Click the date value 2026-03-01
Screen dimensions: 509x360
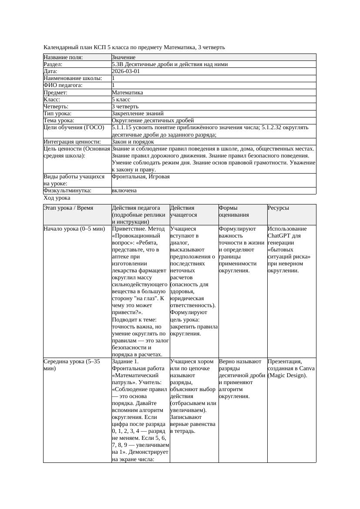point(126,71)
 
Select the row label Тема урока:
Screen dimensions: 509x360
point(59,121)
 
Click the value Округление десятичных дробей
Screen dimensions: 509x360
point(153,121)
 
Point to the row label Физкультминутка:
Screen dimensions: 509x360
point(67,191)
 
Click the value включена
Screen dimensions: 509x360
point(124,191)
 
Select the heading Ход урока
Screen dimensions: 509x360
point(57,198)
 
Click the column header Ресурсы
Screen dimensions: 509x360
point(279,208)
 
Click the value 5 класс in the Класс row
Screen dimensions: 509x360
point(121,100)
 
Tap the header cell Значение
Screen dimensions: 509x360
point(124,57)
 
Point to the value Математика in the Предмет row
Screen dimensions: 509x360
point(127,93)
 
